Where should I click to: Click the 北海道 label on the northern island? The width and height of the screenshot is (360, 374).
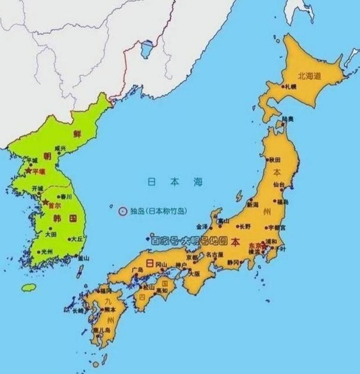pos(309,76)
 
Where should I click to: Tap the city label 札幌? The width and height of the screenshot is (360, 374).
pos(291,86)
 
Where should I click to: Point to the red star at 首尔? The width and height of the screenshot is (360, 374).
pos(46,203)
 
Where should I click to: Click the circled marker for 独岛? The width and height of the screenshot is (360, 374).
pos(123,211)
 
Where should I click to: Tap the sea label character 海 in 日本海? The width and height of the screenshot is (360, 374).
pos(198,182)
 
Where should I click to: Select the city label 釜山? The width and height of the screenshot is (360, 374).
pos(83,258)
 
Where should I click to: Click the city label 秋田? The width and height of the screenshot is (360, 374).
pos(275,159)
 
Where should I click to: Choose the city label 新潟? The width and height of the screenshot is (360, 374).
pos(252,204)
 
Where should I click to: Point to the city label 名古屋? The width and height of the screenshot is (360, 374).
pos(215,255)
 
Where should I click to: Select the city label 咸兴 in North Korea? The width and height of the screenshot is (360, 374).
pos(60,148)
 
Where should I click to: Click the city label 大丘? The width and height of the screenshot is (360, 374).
pos(77,239)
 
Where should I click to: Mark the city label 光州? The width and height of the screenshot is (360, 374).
pos(46,252)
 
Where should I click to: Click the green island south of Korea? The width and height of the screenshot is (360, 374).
pos(28,287)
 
